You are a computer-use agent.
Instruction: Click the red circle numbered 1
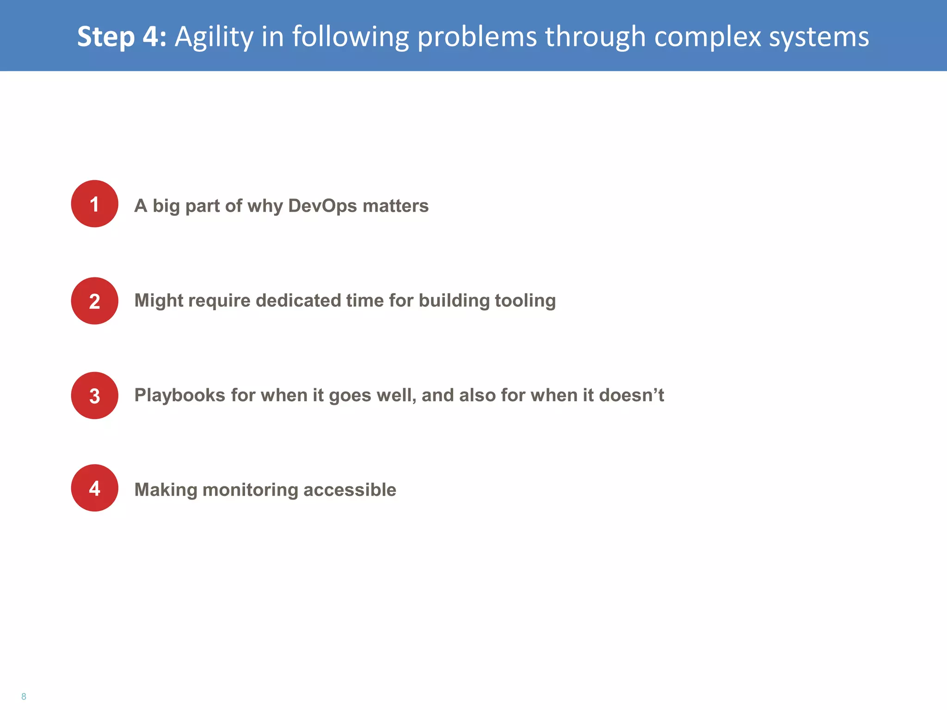94,204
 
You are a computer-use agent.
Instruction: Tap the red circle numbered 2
94,301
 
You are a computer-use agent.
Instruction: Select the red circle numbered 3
94,396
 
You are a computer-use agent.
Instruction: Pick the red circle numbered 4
94,488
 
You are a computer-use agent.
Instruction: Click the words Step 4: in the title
122,37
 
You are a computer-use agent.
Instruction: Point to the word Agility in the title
214,37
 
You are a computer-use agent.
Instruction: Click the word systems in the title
818,37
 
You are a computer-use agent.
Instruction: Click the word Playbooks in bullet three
180,395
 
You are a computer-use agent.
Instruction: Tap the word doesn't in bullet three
631,395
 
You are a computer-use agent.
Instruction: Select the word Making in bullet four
166,490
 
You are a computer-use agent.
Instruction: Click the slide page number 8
24,697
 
